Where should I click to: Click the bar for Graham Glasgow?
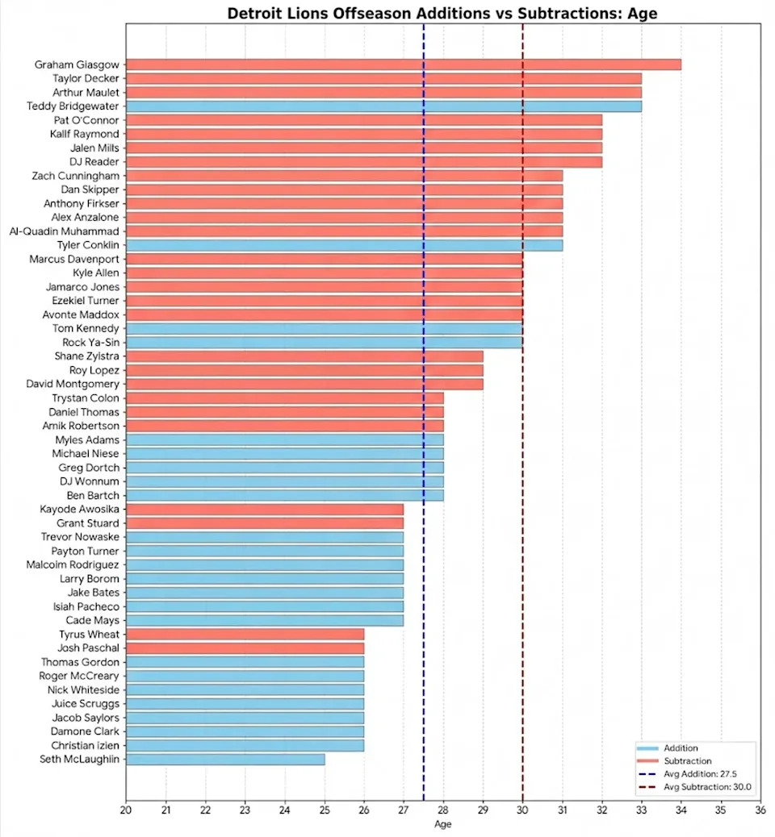coord(404,65)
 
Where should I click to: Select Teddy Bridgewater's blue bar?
coord(383,106)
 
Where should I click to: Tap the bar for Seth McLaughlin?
coord(225,759)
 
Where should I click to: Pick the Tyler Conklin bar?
coord(344,245)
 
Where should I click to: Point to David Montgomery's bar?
coord(304,384)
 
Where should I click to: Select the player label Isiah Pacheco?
coord(86,606)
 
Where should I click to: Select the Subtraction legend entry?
coord(687,760)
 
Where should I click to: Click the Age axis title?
coord(443,824)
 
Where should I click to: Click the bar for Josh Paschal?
coord(245,648)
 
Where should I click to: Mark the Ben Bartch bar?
coord(284,495)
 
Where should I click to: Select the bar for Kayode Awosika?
coord(265,510)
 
